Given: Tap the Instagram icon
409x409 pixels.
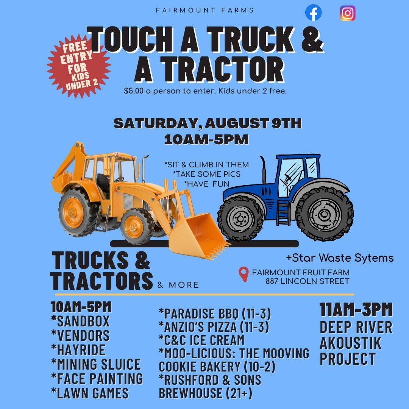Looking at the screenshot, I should click(348, 13).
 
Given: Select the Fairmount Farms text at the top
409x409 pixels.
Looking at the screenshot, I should click(205, 10).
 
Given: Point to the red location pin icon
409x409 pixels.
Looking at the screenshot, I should click(244, 275).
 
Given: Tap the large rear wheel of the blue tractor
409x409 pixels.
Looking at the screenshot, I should click(324, 214).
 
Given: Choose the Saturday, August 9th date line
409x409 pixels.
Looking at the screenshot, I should click(208, 124).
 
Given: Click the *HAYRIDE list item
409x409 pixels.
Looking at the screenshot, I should click(78, 350).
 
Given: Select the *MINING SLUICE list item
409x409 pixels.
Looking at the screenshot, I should click(96, 364).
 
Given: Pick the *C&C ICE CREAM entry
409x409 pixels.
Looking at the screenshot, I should click(201, 340).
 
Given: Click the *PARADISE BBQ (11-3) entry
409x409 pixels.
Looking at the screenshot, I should click(215, 313).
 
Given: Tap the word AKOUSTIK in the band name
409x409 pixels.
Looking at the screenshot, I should click(350, 343).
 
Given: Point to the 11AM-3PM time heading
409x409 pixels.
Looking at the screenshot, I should click(356, 310).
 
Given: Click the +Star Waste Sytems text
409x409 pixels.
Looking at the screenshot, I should click(340, 258).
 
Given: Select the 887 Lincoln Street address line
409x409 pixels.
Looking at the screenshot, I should click(307, 281).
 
